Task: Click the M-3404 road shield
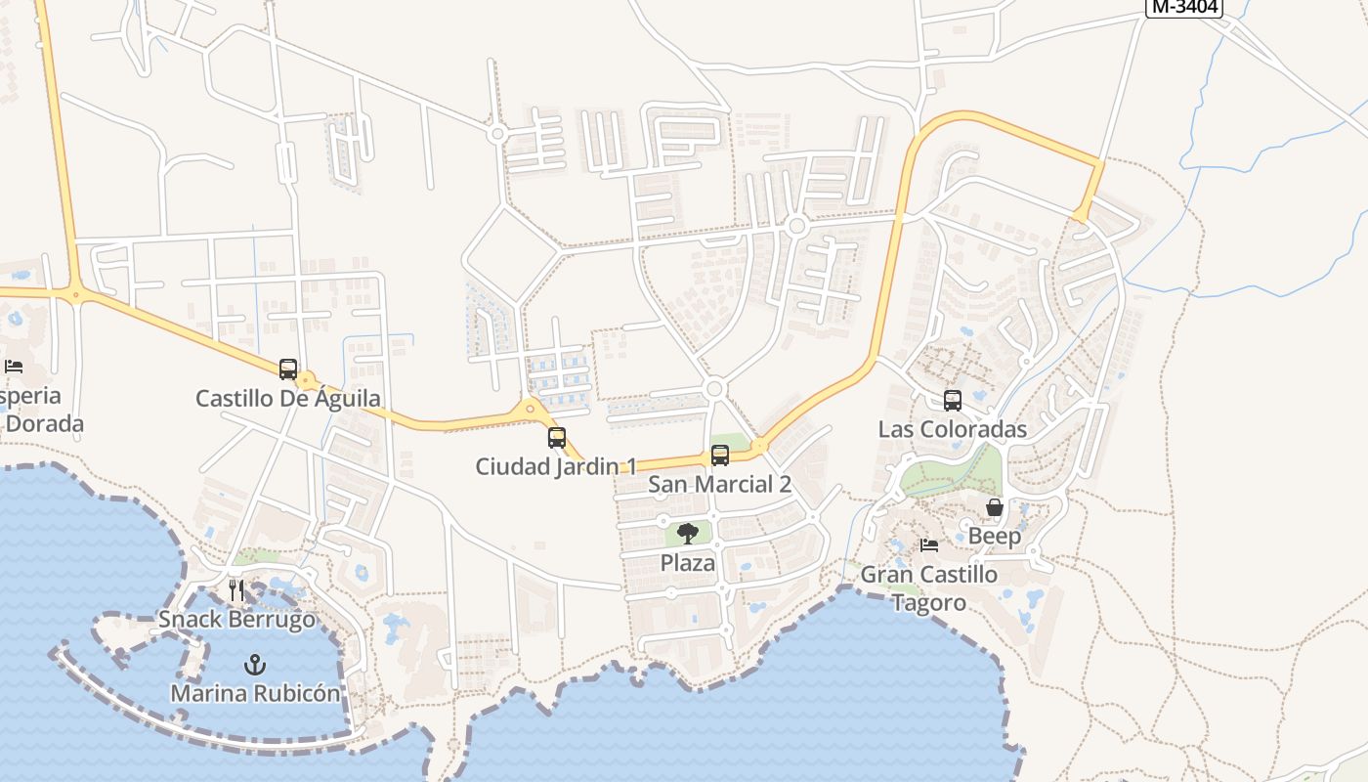click(x=1185, y=7)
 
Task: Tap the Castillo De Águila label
click(x=288, y=399)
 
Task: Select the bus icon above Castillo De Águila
click(x=287, y=369)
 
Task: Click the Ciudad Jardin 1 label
click(x=556, y=467)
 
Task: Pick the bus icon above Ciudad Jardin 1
click(x=557, y=438)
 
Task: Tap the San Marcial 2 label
click(x=720, y=485)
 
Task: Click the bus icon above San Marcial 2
click(x=720, y=456)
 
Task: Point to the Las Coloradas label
click(x=953, y=429)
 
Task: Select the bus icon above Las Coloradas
click(x=953, y=400)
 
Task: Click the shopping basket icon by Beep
click(x=995, y=507)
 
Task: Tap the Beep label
click(x=995, y=537)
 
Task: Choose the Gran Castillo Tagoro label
click(x=929, y=588)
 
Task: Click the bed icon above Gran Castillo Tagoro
click(x=929, y=544)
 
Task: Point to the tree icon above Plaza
click(x=688, y=534)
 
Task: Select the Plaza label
click(x=688, y=564)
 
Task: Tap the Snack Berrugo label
click(x=237, y=620)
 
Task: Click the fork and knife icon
click(x=236, y=589)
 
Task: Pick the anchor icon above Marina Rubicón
click(x=255, y=665)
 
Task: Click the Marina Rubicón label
click(x=256, y=694)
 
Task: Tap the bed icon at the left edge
click(x=14, y=367)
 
